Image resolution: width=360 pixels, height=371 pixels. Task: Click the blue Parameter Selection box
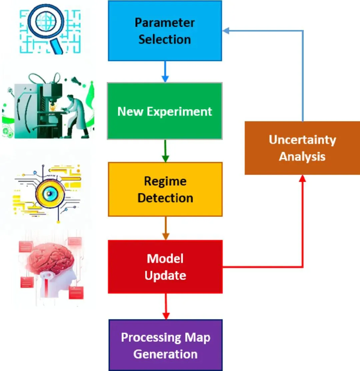165,31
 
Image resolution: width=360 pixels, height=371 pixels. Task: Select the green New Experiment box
165,111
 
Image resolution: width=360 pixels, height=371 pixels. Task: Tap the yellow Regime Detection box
165,189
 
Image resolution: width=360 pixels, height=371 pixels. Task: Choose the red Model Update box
165,267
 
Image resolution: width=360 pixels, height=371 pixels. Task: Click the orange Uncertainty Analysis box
302,148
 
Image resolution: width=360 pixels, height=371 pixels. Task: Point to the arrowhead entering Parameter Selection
226,30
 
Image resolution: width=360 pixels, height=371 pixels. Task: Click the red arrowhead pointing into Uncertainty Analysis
302,178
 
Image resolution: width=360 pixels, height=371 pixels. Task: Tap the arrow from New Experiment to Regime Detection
165,151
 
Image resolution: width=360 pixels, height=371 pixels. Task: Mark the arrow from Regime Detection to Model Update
165,228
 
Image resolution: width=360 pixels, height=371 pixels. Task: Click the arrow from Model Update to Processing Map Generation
166,306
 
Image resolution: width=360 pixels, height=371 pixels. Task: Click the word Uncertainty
302,140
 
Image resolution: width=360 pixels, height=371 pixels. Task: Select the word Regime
165,181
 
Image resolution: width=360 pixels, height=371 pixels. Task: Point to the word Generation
165,354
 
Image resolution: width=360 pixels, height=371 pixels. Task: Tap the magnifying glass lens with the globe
46,22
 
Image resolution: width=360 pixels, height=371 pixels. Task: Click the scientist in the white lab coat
75,116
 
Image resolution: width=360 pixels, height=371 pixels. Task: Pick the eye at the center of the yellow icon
49,194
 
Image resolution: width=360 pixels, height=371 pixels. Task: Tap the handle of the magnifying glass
57,46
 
